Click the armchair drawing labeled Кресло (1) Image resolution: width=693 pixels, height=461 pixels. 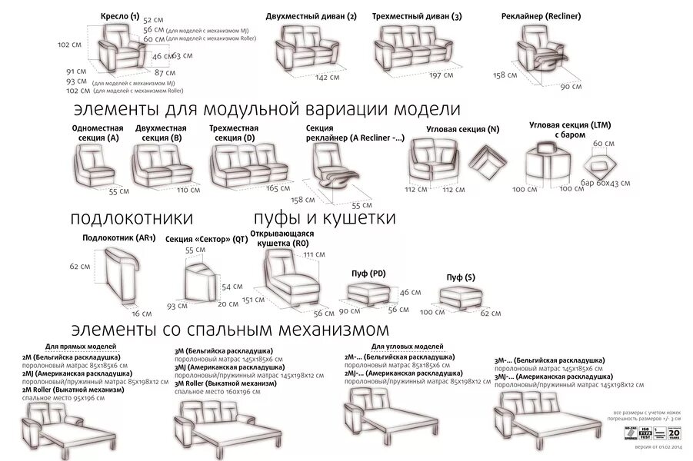pyautogui.click(x=123, y=48)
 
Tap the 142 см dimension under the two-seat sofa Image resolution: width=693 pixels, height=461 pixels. pyautogui.click(x=327, y=77)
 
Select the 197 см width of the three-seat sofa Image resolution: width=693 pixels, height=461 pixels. pyautogui.click(x=441, y=75)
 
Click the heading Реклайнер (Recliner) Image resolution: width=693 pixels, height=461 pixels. pyautogui.click(x=545, y=15)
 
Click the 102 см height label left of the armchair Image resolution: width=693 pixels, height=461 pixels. pyautogui.click(x=70, y=45)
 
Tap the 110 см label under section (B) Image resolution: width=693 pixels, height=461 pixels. pyautogui.click(x=188, y=189)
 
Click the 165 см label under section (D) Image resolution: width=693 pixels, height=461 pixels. pyautogui.click(x=277, y=187)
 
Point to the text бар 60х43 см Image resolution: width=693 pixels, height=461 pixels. pyautogui.click(x=605, y=183)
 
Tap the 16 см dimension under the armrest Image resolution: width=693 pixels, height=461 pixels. pyautogui.click(x=142, y=313)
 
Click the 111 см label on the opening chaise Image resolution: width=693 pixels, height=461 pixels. pyautogui.click(x=314, y=254)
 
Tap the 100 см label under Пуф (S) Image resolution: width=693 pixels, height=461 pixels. pyautogui.click(x=433, y=313)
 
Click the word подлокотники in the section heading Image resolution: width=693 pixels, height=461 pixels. pyautogui.click(x=132, y=218)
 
